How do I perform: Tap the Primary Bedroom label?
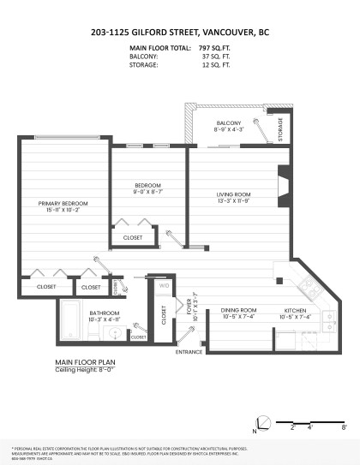pos(63,203)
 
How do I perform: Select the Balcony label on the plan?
pos(228,122)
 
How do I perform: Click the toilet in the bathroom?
pos(95,330)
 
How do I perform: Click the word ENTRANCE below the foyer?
pos(188,352)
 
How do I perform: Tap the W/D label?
pos(165,285)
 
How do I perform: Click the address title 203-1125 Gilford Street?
pos(179,33)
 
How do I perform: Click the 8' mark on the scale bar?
pos(343,425)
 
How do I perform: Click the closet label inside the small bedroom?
pos(133,237)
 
